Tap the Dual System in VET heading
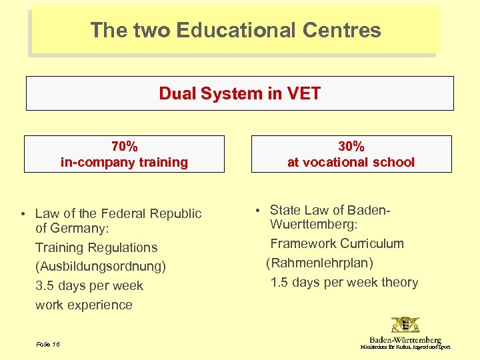[x=239, y=93]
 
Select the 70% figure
[x=124, y=146]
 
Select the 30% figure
[x=351, y=146]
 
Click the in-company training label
[x=124, y=162]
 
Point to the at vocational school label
[x=351, y=162]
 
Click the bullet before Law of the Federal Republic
[x=23, y=214]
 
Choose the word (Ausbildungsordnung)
[x=101, y=267]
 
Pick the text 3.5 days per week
[x=89, y=286]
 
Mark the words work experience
[x=84, y=305]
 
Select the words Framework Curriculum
[x=337, y=244]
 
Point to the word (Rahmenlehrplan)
[x=320, y=263]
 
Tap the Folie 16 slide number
[x=48, y=344]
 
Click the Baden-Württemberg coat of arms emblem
[x=405, y=325]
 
